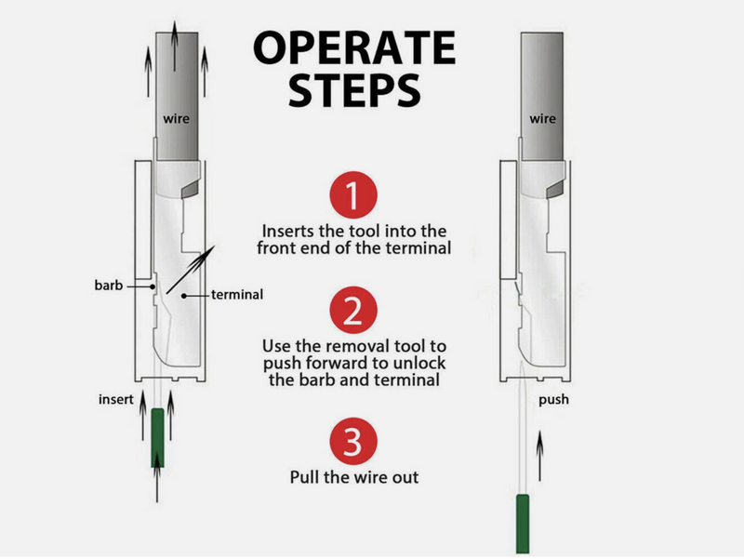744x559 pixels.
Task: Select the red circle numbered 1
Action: point(352,196)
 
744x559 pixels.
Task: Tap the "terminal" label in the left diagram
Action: point(237,295)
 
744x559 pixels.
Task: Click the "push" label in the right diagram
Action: point(554,402)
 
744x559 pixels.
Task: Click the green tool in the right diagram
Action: point(522,520)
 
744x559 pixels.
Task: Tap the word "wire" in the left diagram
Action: point(178,119)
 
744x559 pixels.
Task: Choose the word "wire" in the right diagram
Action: point(543,119)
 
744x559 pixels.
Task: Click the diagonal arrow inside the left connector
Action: point(189,270)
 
